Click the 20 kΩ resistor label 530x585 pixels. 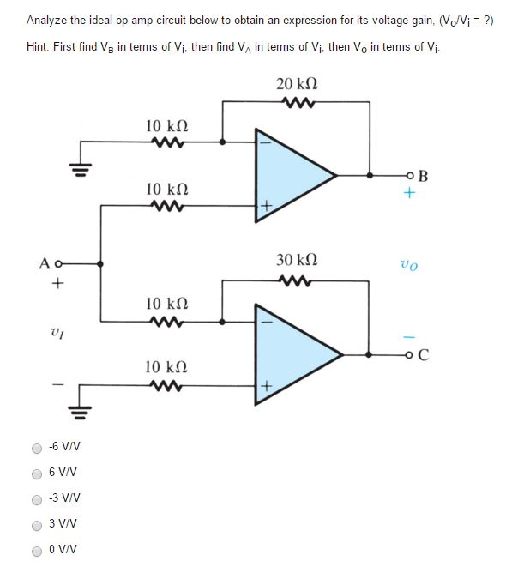[x=298, y=83]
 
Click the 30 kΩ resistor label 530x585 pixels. [x=298, y=259]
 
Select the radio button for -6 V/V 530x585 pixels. [x=37, y=448]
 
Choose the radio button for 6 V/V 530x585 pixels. [x=37, y=473]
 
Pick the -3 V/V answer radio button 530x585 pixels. [x=37, y=499]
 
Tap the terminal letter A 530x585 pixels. [x=43, y=263]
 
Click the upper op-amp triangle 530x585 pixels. [x=292, y=175]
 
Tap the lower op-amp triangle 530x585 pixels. [x=292, y=353]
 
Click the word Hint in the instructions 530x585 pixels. [x=39, y=46]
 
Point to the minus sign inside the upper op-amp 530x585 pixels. [x=266, y=143]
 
